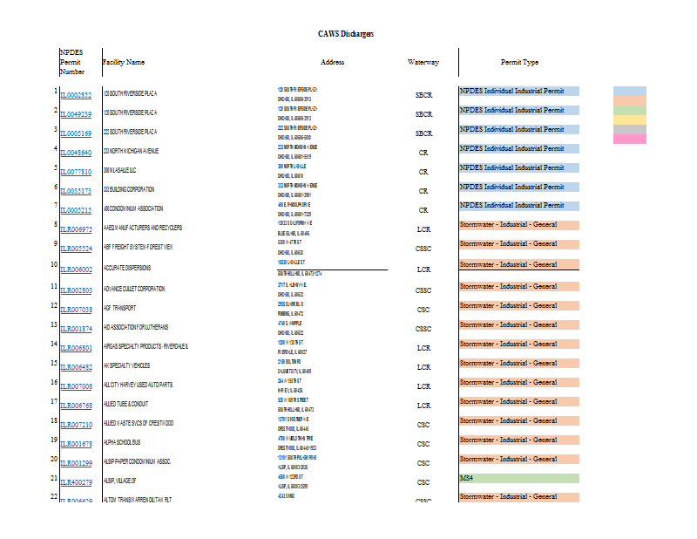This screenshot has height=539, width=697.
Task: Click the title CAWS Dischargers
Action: click(x=346, y=33)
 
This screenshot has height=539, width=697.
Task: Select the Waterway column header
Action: click(x=423, y=63)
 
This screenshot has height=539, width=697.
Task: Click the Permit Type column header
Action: click(x=519, y=63)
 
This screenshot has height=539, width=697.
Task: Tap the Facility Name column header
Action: click(x=124, y=63)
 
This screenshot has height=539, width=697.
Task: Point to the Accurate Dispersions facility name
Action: click(x=128, y=268)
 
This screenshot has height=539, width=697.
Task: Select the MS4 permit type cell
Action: click(x=518, y=479)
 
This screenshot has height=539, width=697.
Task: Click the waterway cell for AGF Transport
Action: click(x=423, y=309)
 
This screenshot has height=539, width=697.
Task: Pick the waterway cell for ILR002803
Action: click(x=423, y=290)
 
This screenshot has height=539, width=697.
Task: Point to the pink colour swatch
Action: click(x=630, y=139)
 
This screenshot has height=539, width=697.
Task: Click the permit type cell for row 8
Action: click(x=518, y=225)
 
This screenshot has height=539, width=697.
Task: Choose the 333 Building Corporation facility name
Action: click(x=130, y=189)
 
